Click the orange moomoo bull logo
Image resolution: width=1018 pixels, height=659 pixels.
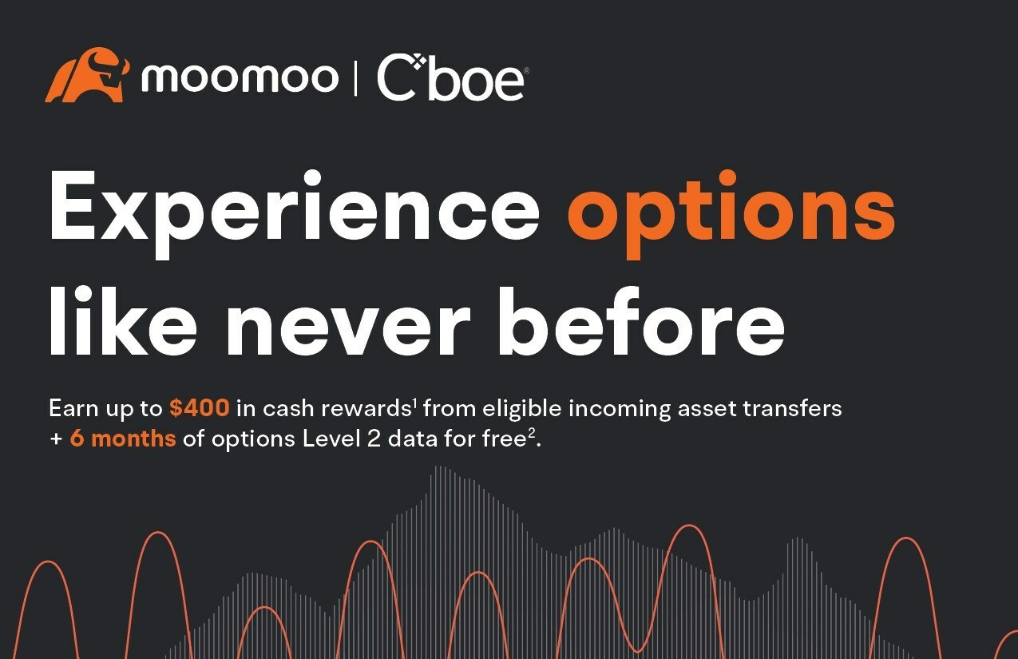coord(87,74)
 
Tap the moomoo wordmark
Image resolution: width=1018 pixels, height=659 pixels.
coord(240,77)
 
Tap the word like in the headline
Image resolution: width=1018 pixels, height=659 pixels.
coord(123,321)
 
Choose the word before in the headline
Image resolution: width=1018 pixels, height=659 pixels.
coord(642,321)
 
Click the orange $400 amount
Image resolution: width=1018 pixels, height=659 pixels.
coord(200,407)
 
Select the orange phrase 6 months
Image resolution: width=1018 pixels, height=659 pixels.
coord(123,439)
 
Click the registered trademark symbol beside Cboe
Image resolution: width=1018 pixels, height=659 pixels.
coord(527,70)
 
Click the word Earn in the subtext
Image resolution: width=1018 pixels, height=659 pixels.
coord(73,408)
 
